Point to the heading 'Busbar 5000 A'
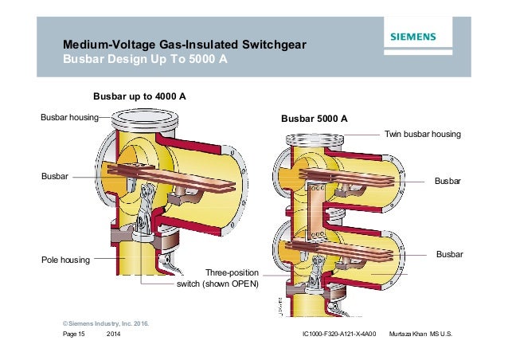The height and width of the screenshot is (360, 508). click(314, 119)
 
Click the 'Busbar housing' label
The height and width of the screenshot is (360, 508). click(68, 117)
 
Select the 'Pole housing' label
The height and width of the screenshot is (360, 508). click(65, 260)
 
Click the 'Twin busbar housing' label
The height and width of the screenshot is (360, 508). click(422, 135)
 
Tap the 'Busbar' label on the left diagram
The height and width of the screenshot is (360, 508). click(55, 175)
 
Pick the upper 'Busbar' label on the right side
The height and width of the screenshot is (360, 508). click(447, 182)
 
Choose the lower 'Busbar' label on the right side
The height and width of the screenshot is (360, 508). click(447, 254)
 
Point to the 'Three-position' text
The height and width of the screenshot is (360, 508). click(232, 272)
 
